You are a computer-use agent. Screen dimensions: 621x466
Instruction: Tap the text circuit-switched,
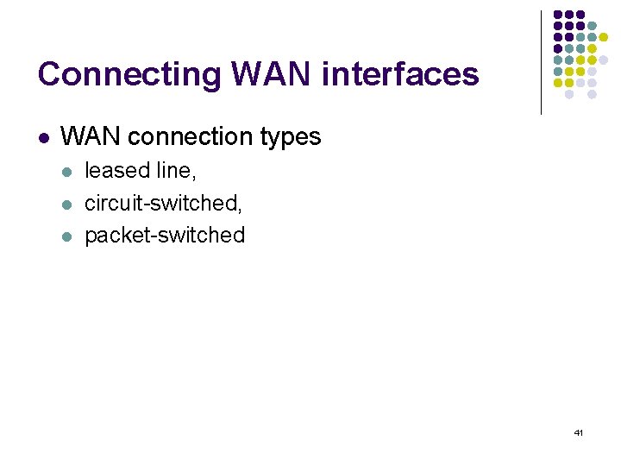162,203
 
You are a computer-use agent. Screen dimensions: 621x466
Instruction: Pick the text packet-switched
165,235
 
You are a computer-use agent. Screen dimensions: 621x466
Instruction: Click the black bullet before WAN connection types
43,137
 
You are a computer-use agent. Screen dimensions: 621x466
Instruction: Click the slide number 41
578,431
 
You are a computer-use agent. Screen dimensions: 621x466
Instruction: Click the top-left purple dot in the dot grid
558,16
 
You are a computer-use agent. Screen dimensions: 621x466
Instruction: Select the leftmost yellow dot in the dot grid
558,83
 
